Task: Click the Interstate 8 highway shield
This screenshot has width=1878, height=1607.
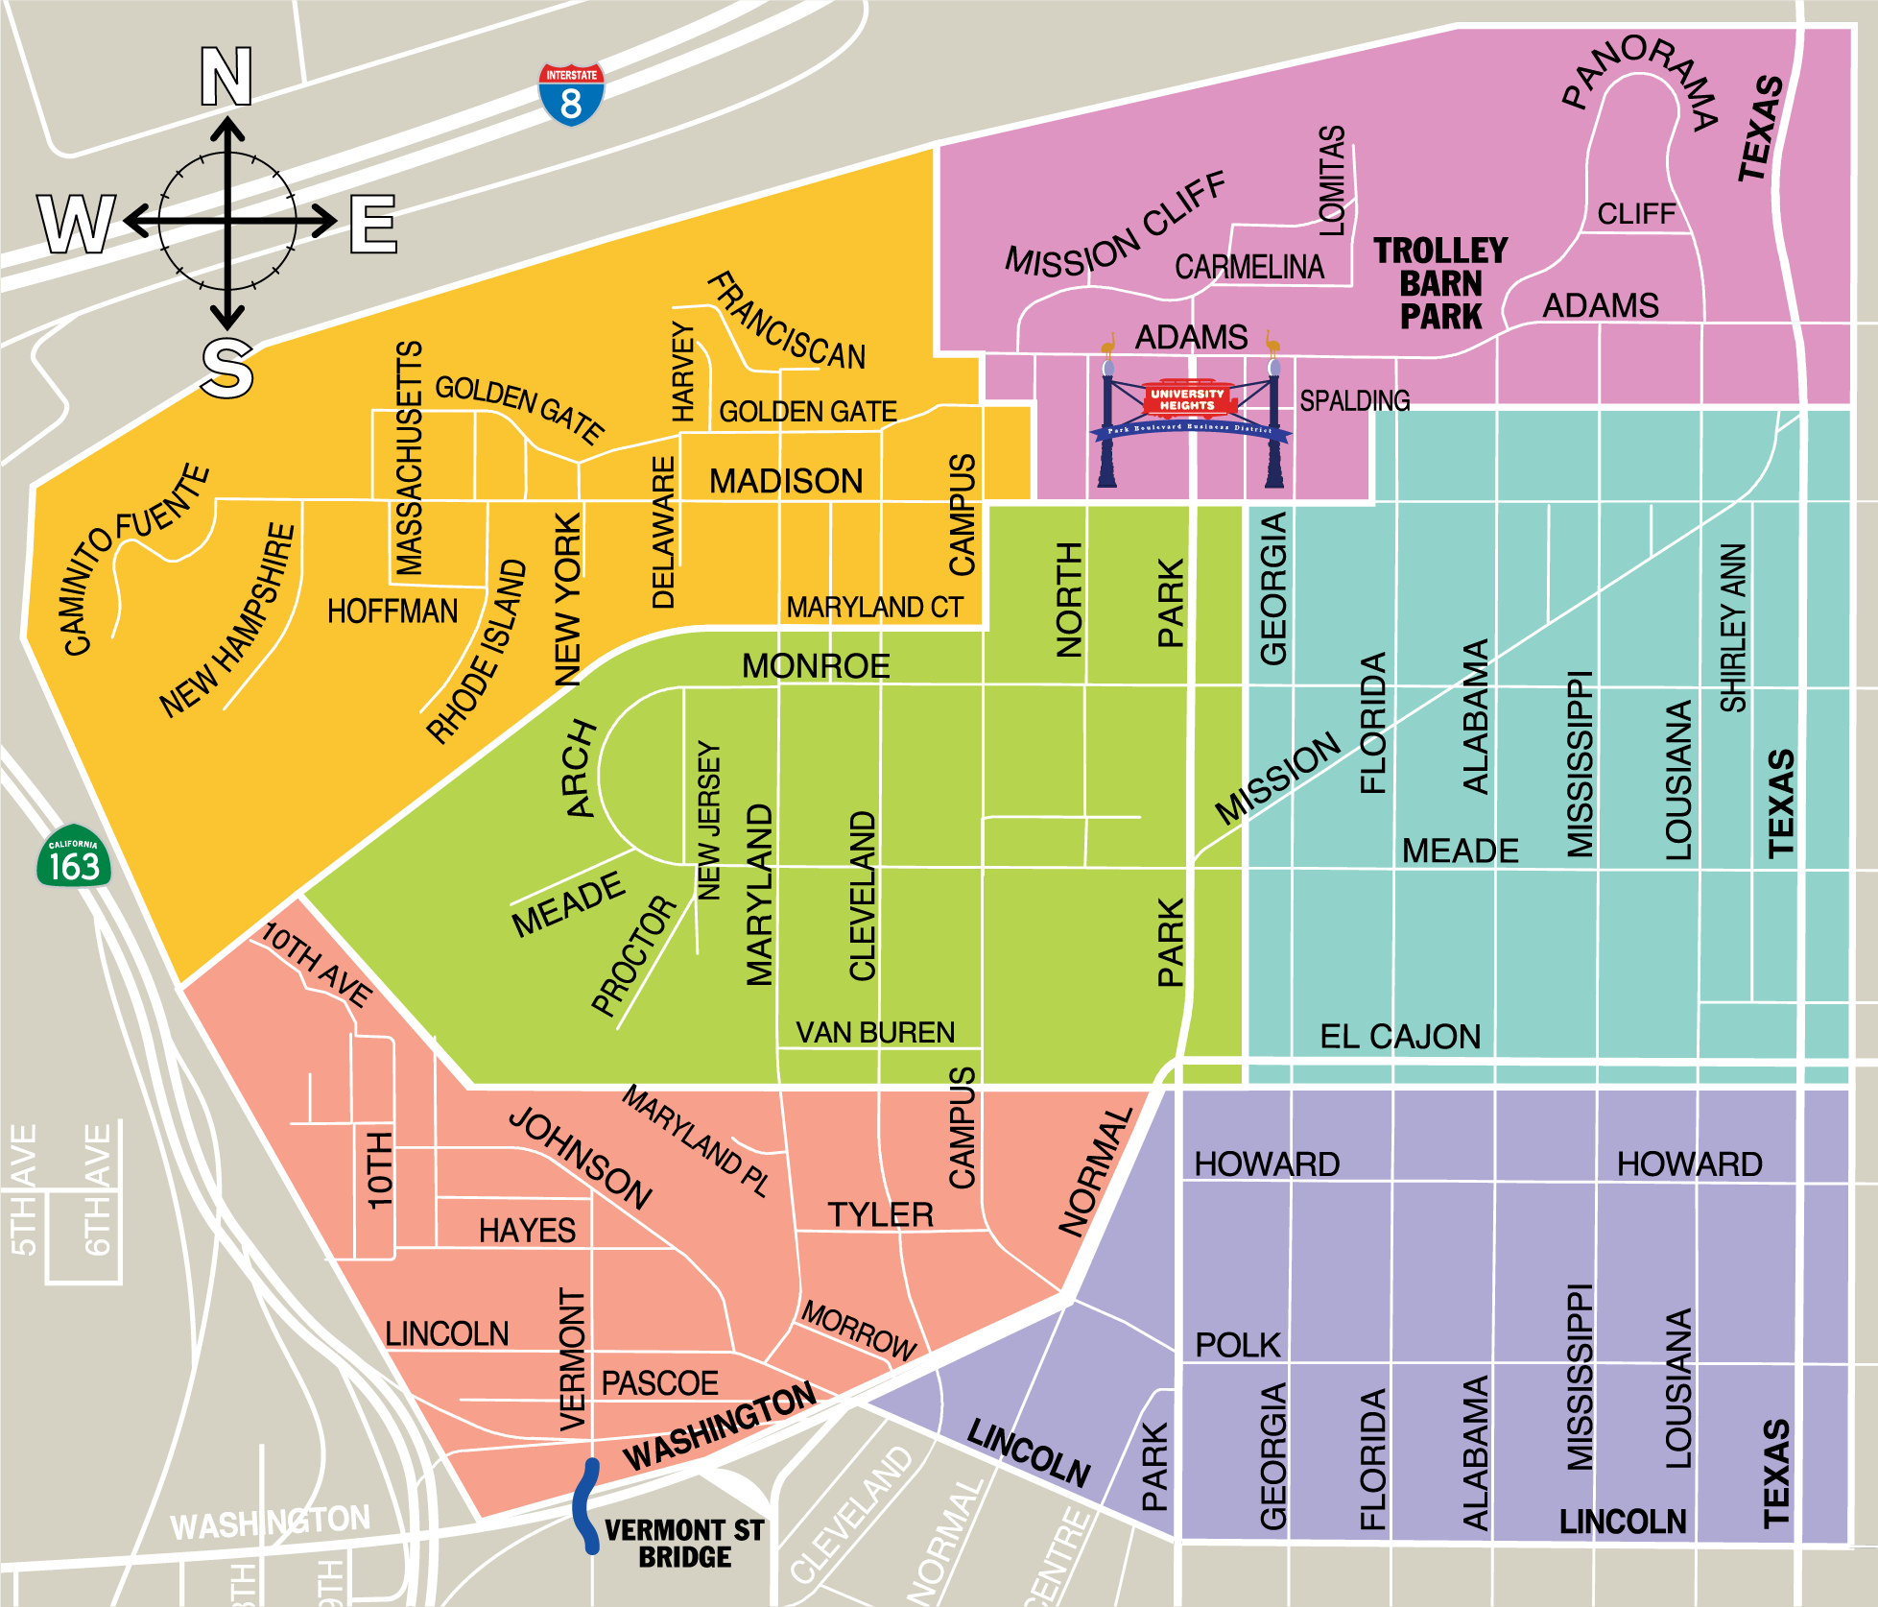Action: [x=571, y=94]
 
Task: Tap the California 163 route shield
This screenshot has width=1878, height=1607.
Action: [x=74, y=856]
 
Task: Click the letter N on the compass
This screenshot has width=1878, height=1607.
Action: [x=226, y=77]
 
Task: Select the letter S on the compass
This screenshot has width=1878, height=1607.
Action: [x=227, y=369]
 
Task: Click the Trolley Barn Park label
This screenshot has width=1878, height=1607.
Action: [x=1440, y=284]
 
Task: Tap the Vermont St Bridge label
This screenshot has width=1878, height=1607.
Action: [x=684, y=1543]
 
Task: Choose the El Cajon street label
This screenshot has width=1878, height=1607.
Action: [x=1400, y=1037]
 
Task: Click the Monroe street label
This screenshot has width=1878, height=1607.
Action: [x=816, y=666]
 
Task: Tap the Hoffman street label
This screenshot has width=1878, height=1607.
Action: [x=392, y=612]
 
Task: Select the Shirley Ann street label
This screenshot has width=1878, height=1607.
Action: [x=1733, y=628]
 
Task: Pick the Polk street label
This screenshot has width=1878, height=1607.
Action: [x=1238, y=1345]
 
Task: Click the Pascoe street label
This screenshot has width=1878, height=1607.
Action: [x=659, y=1383]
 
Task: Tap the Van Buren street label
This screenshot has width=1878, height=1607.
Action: [x=875, y=1033]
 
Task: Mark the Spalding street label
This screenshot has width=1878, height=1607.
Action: [x=1354, y=400]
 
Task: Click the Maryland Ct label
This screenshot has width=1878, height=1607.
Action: [x=874, y=608]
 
